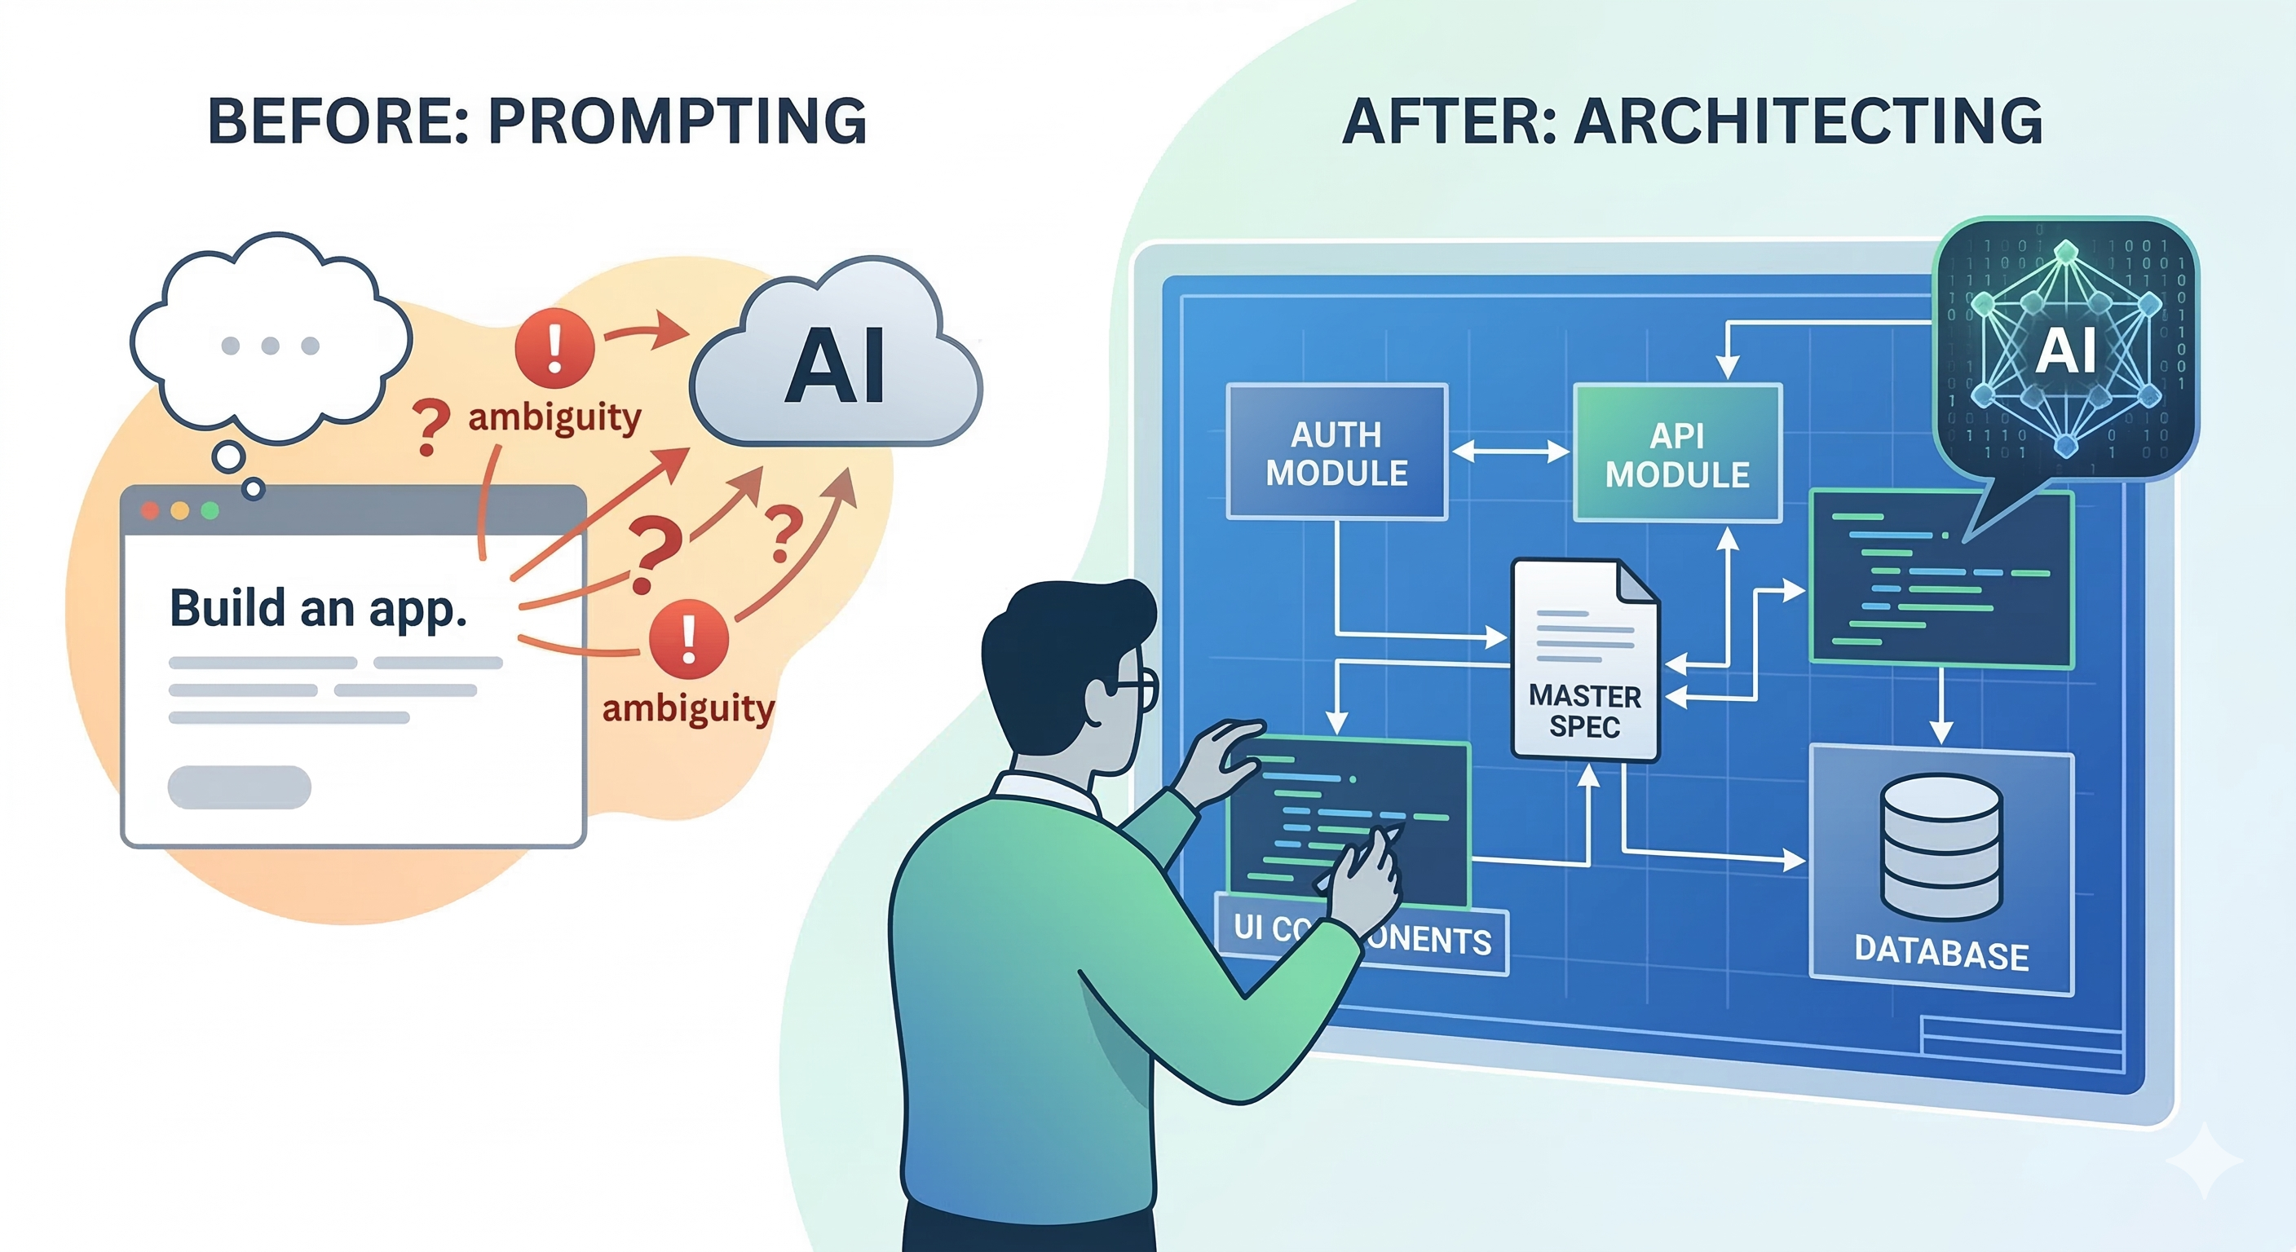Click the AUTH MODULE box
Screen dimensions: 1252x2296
1336,452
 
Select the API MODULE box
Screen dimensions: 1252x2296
1676,453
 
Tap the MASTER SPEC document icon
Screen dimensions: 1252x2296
1585,660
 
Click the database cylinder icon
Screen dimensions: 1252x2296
1941,847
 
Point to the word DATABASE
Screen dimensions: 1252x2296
1941,953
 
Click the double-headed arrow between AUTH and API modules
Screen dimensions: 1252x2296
1510,452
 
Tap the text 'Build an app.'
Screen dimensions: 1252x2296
318,609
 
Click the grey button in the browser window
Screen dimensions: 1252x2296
239,787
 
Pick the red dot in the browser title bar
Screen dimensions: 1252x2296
150,510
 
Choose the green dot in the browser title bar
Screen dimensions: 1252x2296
210,510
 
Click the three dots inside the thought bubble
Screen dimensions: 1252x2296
270,346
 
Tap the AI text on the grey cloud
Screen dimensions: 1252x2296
835,366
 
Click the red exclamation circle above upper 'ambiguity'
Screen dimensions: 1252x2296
554,347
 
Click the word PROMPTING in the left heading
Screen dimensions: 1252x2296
678,121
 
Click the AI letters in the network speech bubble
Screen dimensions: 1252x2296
2066,350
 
